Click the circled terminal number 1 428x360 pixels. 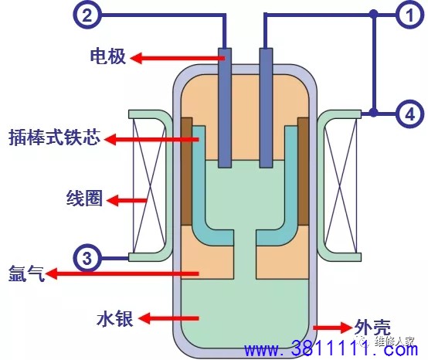point(409,14)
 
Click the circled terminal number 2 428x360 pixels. point(87,14)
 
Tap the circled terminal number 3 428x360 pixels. point(87,258)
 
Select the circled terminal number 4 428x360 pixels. point(410,114)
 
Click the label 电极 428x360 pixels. point(108,56)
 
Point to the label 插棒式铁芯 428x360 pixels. point(55,137)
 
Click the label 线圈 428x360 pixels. point(85,198)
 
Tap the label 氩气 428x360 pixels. point(26,273)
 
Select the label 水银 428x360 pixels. point(115,318)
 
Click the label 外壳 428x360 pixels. point(372,328)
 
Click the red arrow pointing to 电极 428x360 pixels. point(178,58)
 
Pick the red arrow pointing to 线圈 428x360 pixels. point(127,201)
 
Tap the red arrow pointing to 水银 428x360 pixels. point(168,318)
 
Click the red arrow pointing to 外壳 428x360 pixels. point(332,328)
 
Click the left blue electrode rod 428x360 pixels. point(225,108)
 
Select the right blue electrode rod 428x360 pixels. point(266,108)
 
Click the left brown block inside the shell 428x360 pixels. point(187,172)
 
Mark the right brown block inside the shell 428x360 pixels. point(304,172)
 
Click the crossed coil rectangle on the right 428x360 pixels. point(341,186)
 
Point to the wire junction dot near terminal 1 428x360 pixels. point(374,13)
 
